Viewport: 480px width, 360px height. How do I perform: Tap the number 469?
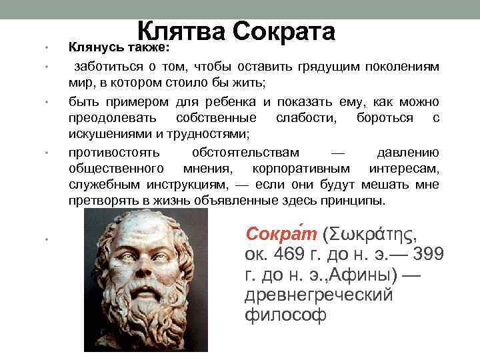coord(301,255)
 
